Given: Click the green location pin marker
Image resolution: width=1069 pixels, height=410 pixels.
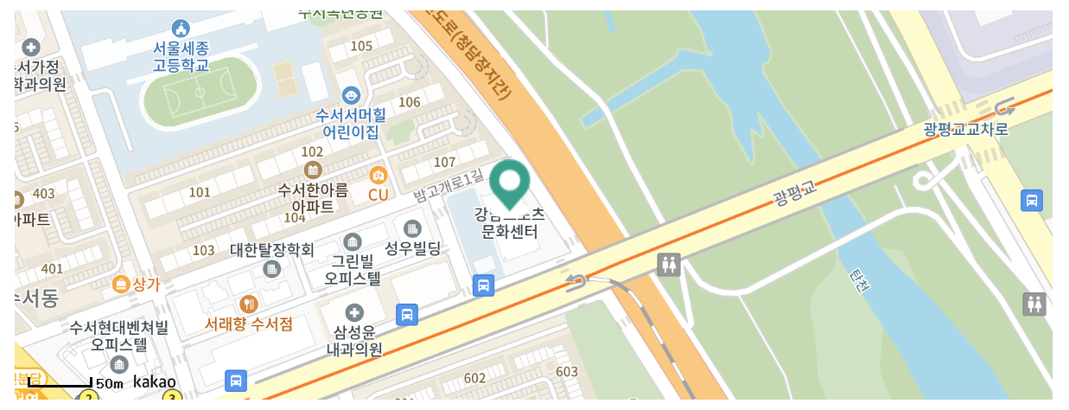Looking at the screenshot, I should coord(510,183).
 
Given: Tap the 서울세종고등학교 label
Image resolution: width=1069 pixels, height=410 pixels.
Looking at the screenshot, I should coord(181,56).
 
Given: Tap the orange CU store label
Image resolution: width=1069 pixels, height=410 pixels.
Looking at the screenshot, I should coord(378,195).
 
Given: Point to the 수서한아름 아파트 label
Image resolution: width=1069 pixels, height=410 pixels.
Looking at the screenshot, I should coord(313,197).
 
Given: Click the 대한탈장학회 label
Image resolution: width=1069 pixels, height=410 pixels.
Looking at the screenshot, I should coord(271,250).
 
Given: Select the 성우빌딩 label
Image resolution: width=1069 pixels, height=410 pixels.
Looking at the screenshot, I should coord(412,249).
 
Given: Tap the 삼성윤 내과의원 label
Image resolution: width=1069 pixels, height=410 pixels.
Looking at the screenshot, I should coord(354,340).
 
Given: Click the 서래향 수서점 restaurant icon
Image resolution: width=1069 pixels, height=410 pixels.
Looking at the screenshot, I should coord(249,304).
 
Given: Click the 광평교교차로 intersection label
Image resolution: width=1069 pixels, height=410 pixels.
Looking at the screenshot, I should coord(965,130).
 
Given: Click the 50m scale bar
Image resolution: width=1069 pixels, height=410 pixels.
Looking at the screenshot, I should coord(60,381).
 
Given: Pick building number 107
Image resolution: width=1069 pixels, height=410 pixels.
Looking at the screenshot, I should coord(444,162).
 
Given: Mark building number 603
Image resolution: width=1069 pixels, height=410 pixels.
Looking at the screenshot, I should coord(567,372).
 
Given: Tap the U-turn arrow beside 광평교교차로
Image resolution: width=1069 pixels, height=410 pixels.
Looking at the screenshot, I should coord(1004,107).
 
